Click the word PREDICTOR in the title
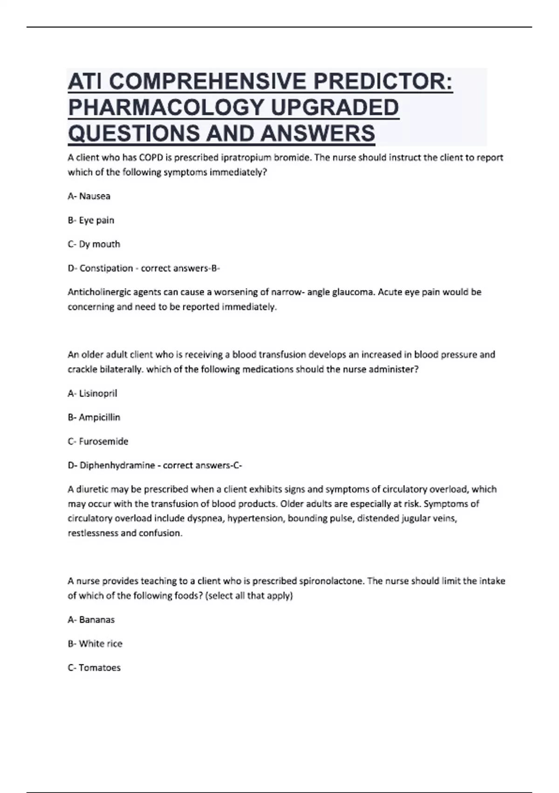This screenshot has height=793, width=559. [382, 82]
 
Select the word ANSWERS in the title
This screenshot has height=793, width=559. [317, 133]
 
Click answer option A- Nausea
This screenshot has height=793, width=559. [89, 196]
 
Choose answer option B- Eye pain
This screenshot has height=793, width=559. [91, 220]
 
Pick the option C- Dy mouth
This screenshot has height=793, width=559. [94, 244]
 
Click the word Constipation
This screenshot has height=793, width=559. [106, 268]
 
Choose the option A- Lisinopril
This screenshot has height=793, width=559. [92, 394]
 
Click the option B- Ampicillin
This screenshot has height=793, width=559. [94, 417]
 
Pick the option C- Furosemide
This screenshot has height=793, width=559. [98, 441]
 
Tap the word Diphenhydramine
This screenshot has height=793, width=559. [117, 466]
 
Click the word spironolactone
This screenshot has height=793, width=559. [332, 581]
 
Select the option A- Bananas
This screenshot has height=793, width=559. [91, 620]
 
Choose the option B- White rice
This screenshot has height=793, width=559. [95, 644]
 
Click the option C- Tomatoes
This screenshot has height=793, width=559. [94, 668]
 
